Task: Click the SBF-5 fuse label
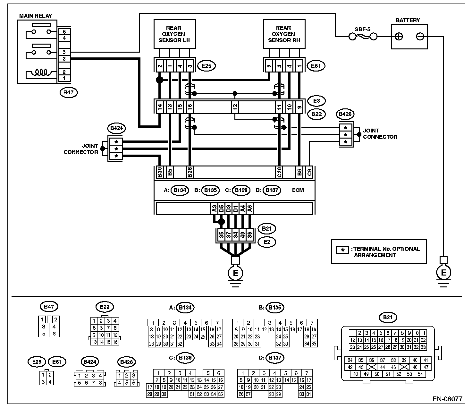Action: tap(362, 29)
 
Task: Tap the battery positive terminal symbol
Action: tap(399, 37)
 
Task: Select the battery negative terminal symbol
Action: tap(420, 37)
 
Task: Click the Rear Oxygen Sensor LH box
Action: tap(174, 34)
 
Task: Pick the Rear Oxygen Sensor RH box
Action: tap(284, 34)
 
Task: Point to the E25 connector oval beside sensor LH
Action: tap(206, 66)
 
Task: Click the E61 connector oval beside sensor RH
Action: tap(316, 66)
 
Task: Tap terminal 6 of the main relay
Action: tap(64, 31)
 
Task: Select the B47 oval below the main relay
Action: tap(69, 92)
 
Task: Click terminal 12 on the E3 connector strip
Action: tap(235, 106)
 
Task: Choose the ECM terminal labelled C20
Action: tap(279, 172)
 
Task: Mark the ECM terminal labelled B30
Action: tap(159, 172)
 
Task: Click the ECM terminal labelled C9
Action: tap(309, 172)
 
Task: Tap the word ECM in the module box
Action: tap(298, 190)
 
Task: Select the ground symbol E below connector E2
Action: tap(235, 273)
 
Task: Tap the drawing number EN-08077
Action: tap(447, 399)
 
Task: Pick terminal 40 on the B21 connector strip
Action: tap(242, 235)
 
